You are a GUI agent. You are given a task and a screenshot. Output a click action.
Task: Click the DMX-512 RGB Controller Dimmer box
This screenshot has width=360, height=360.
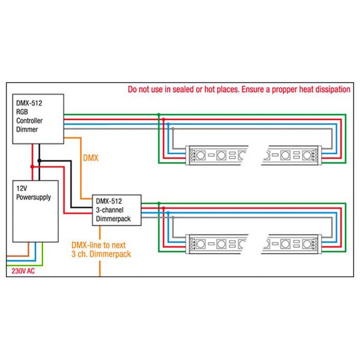click(38, 119)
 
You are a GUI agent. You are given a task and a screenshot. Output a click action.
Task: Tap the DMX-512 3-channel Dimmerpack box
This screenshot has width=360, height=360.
click(116, 210)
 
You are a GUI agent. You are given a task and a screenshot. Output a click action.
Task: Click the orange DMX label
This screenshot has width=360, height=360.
click(91, 158)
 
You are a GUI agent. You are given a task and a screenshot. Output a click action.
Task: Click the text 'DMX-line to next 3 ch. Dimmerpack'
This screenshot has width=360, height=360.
click(101, 249)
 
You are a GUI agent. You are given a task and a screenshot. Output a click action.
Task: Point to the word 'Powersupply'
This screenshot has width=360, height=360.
click(33, 197)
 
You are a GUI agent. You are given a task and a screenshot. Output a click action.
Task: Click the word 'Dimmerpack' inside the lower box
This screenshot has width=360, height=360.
click(113, 219)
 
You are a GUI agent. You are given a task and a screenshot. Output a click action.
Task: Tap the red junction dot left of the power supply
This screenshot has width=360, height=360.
click(32, 167)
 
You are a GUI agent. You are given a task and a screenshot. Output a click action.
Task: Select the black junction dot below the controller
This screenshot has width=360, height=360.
click(40, 161)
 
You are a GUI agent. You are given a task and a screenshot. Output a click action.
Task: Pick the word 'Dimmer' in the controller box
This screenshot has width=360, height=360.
click(27, 129)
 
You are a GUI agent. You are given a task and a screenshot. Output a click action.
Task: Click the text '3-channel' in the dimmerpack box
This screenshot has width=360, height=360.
click(110, 210)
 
